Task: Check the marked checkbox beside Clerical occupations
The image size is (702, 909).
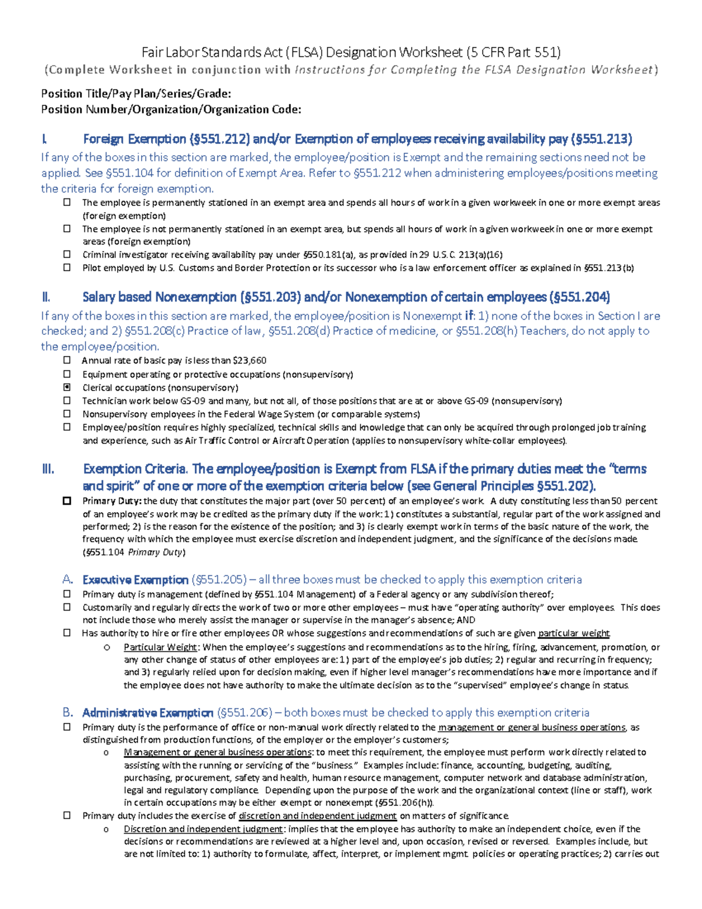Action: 67,387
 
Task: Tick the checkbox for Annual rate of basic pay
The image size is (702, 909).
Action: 67,361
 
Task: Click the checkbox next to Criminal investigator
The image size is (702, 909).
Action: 67,255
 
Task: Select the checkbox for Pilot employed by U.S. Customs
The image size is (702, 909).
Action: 67,267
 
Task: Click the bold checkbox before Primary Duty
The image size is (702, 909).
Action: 67,501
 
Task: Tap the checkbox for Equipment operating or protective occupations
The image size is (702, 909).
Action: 67,374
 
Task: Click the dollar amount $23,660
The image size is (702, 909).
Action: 250,361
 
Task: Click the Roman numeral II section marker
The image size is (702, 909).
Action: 46,297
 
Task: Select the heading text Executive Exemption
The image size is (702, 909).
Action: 135,580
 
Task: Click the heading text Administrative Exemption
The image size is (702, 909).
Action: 147,713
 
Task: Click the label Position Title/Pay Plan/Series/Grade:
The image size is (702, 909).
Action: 136,94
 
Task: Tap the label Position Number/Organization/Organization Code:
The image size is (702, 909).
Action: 171,109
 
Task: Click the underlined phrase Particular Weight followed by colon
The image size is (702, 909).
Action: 161,647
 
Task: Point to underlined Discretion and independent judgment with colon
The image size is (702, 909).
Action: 204,829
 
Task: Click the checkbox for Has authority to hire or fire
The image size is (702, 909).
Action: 67,633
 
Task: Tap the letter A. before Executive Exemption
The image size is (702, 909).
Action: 68,580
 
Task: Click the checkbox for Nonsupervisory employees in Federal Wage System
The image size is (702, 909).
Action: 67,414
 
